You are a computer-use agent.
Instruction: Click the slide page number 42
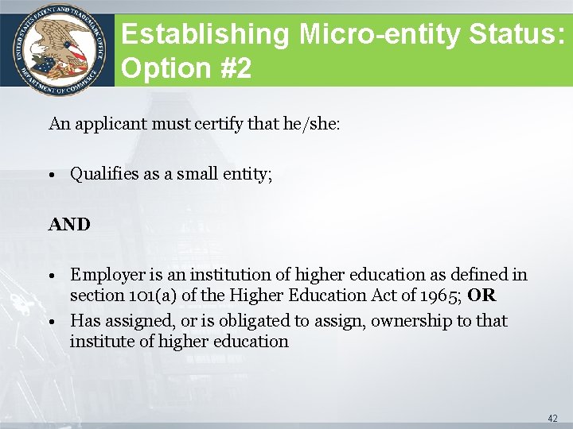[552, 418]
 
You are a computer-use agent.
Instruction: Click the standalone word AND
[69, 225]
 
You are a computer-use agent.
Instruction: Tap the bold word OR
[481, 296]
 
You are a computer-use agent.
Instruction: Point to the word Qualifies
[104, 174]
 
